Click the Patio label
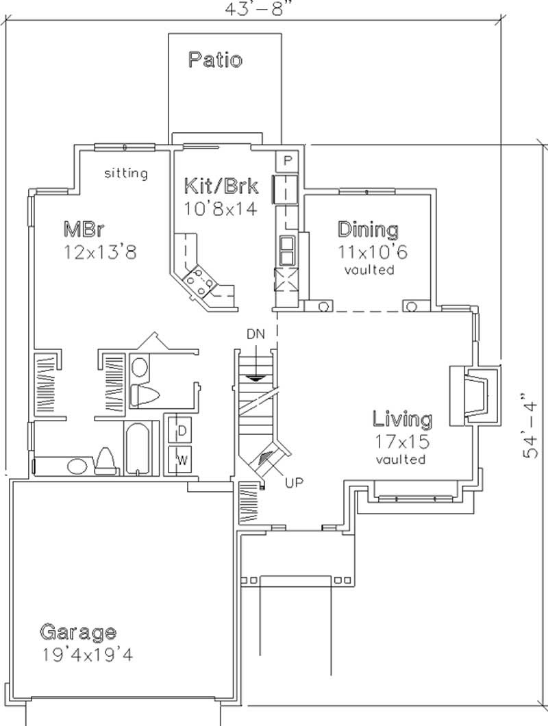click(x=215, y=60)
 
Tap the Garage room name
click(x=77, y=631)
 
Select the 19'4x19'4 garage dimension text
click(x=86, y=654)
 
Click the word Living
click(x=402, y=418)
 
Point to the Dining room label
click(x=368, y=229)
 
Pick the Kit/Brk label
click(x=221, y=186)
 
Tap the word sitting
click(x=125, y=173)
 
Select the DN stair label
click(x=256, y=334)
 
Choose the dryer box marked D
click(x=182, y=430)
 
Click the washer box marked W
click(x=182, y=459)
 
